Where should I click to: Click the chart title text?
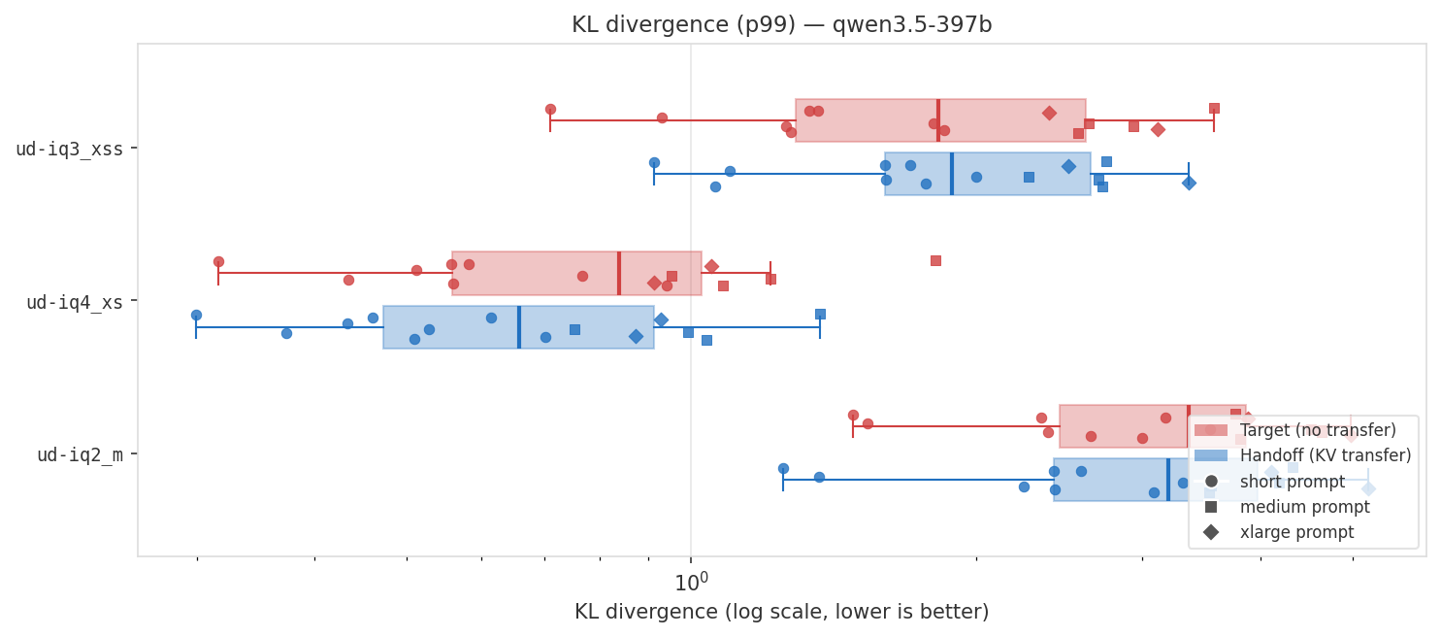pyautogui.click(x=781, y=25)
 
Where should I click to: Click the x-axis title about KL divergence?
pyautogui.click(x=781, y=612)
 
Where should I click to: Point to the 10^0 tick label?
pyautogui.click(x=690, y=582)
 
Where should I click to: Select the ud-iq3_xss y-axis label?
pyautogui.click(x=69, y=150)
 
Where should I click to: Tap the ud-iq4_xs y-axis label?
pyautogui.click(x=75, y=303)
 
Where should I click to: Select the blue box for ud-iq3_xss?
pyautogui.click(x=1019, y=174)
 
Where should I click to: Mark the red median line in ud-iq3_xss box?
pyautogui.click(x=938, y=120)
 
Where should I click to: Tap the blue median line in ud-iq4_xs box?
pyautogui.click(x=519, y=327)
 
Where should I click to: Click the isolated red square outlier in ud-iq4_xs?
pyautogui.click(x=935, y=260)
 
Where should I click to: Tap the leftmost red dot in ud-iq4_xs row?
pyautogui.click(x=218, y=261)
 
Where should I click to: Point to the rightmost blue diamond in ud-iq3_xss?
pyautogui.click(x=1189, y=183)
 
